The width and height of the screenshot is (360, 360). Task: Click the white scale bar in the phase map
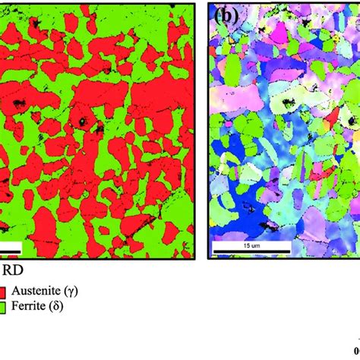[9, 248]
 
